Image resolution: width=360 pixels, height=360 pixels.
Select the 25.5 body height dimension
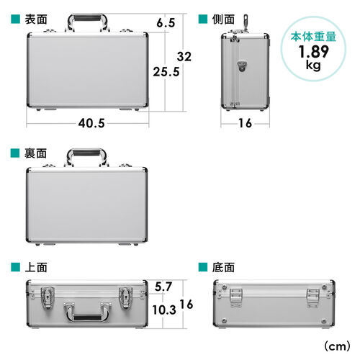[166, 71]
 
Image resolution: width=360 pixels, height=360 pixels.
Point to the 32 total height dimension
[186, 57]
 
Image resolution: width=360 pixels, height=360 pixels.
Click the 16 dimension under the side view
[244, 123]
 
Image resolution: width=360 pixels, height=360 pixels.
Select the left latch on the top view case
[50, 294]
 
